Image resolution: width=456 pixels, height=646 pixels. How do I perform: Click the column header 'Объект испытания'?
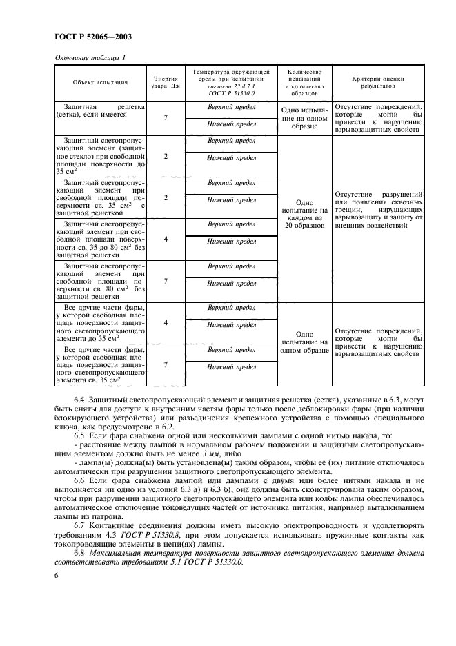tap(100, 82)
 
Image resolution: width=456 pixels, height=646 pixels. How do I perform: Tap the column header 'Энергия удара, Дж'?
tap(166, 82)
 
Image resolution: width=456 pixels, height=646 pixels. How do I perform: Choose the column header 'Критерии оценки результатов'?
tap(377, 82)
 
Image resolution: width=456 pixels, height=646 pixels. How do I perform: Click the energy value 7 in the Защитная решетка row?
tap(166, 118)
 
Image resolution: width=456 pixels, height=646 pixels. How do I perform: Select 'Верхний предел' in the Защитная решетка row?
tap(232, 108)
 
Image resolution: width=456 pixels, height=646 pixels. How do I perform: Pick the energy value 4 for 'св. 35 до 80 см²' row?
tap(166, 239)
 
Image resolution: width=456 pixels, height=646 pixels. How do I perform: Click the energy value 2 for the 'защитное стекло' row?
tap(166, 156)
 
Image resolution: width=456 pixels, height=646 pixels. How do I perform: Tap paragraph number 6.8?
tap(81, 554)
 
